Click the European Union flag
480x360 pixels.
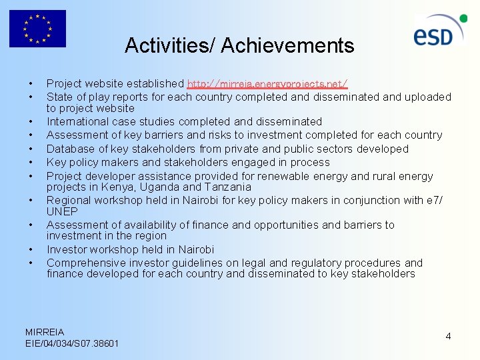[x=37, y=29]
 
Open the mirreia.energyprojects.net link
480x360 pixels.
[x=267, y=84]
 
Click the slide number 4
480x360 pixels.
[x=448, y=336]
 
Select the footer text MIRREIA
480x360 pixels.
[x=45, y=331]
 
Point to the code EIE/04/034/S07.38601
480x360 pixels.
[x=71, y=343]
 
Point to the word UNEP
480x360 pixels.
[x=61, y=211]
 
